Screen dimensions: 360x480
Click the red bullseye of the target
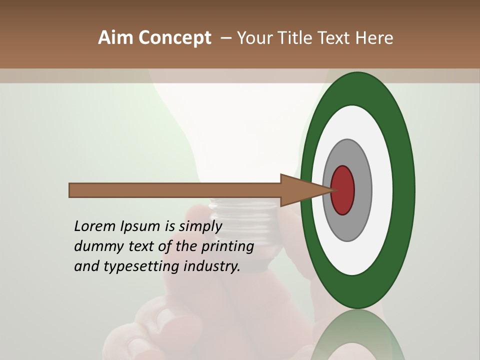click(x=343, y=190)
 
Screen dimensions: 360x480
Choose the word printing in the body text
click(x=227, y=247)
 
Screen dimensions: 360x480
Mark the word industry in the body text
click(x=212, y=266)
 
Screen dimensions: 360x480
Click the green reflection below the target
click(x=357, y=335)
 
